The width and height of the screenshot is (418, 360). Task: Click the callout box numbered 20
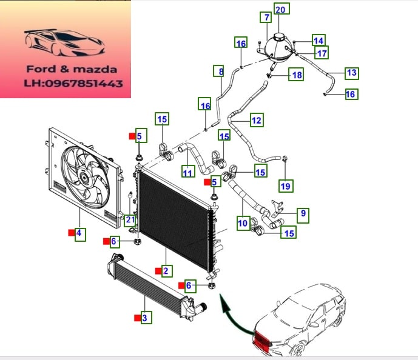click(281, 8)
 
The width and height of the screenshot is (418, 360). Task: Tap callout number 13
click(351, 73)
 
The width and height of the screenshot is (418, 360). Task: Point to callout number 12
click(256, 121)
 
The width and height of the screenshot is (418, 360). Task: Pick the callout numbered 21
click(130, 219)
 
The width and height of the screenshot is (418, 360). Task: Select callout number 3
click(144, 316)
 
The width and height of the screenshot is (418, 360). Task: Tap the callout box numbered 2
click(165, 271)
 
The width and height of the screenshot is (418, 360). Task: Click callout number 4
click(79, 232)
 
